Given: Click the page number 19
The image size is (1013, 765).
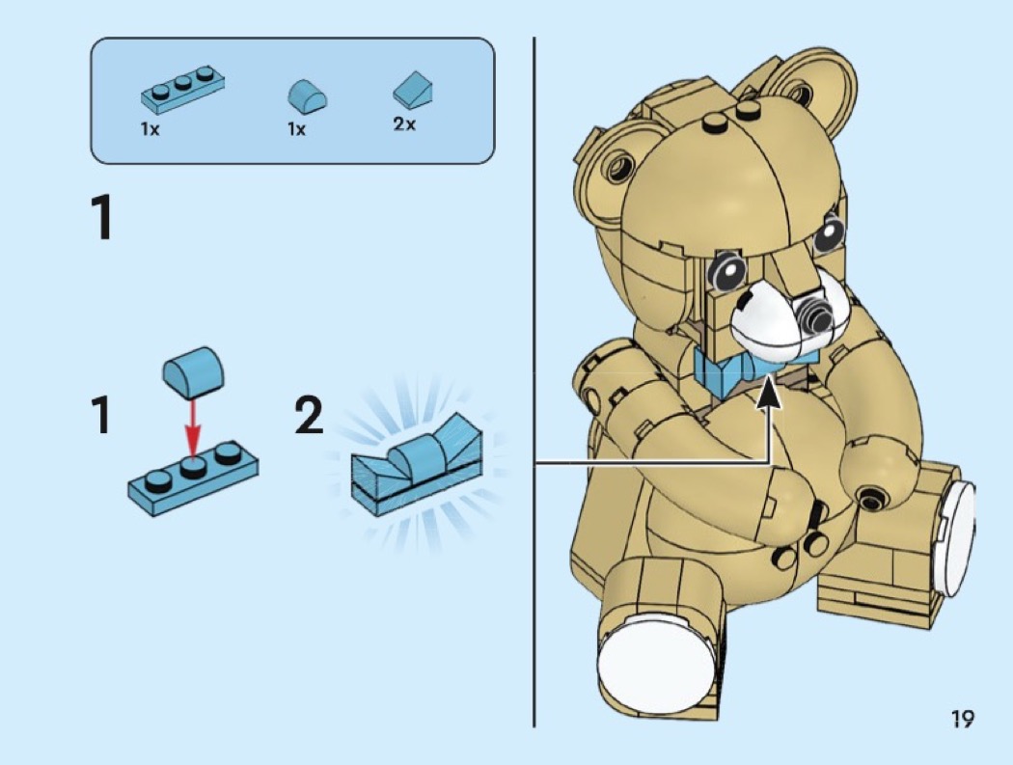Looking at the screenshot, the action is (x=962, y=718).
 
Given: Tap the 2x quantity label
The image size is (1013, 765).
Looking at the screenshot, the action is (x=404, y=123).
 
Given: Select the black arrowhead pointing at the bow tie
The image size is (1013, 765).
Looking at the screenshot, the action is (x=769, y=393).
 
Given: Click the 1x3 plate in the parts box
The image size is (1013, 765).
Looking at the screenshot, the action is (x=183, y=89).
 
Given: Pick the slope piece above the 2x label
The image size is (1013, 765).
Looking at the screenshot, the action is (x=413, y=89).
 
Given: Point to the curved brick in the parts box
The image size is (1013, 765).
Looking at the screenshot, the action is (x=307, y=96).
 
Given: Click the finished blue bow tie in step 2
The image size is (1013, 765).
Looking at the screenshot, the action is (x=418, y=464).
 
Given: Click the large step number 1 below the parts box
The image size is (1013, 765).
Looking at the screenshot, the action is (x=102, y=217).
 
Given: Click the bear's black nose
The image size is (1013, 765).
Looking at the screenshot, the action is (x=810, y=318).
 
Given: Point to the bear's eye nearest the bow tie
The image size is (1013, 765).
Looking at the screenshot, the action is (x=727, y=271).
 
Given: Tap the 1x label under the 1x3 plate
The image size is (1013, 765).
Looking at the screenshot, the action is (x=150, y=129).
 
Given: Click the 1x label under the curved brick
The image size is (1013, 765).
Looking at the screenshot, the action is (x=296, y=129).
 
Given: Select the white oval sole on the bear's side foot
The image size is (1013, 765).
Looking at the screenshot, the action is (x=958, y=539).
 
